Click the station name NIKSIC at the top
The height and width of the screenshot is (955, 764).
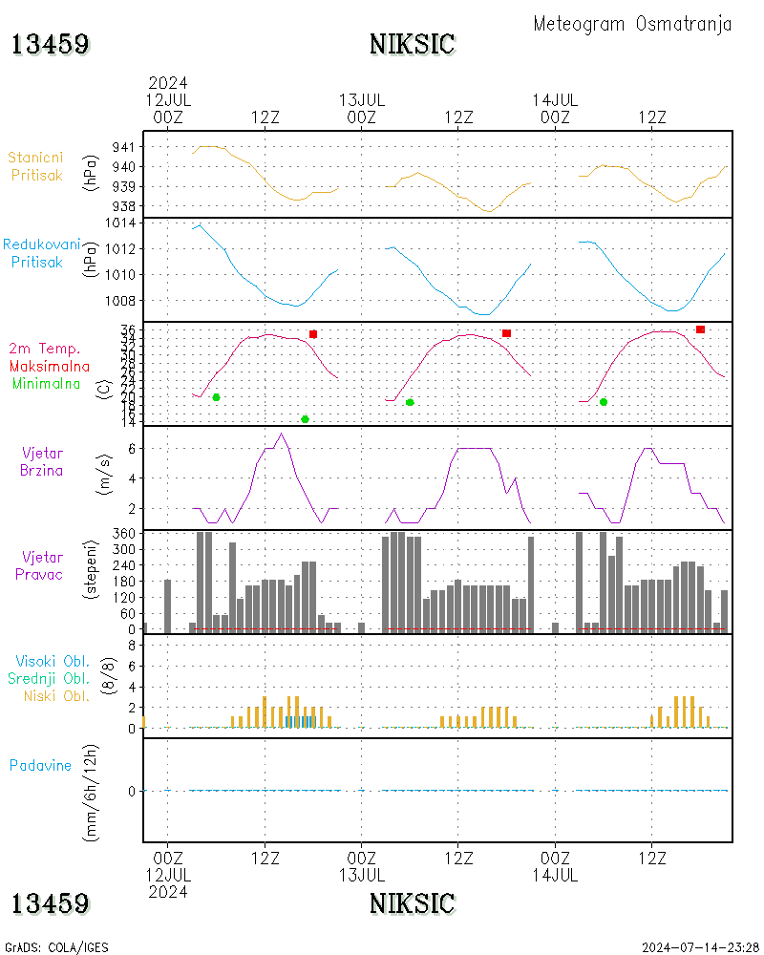pyautogui.click(x=412, y=44)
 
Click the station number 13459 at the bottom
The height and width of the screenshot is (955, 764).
pyautogui.click(x=50, y=903)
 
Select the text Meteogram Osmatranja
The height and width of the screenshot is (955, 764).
pyautogui.click(x=632, y=24)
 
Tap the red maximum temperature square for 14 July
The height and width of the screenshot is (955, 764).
pyautogui.click(x=700, y=329)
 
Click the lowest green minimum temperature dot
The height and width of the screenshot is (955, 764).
pyautogui.click(x=305, y=419)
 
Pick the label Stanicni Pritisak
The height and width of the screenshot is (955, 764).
pyautogui.click(x=36, y=166)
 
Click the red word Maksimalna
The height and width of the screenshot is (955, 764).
pyautogui.click(x=50, y=366)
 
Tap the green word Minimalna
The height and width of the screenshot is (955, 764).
pyautogui.click(x=47, y=383)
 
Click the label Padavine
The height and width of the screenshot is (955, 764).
pyautogui.click(x=40, y=765)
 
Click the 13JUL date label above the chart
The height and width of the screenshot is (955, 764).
pyautogui.click(x=362, y=99)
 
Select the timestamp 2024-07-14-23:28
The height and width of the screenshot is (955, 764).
pyautogui.click(x=700, y=947)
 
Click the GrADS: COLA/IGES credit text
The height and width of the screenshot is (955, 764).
pyautogui.click(x=56, y=947)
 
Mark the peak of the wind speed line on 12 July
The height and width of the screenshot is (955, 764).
pyautogui.click(x=280, y=434)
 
